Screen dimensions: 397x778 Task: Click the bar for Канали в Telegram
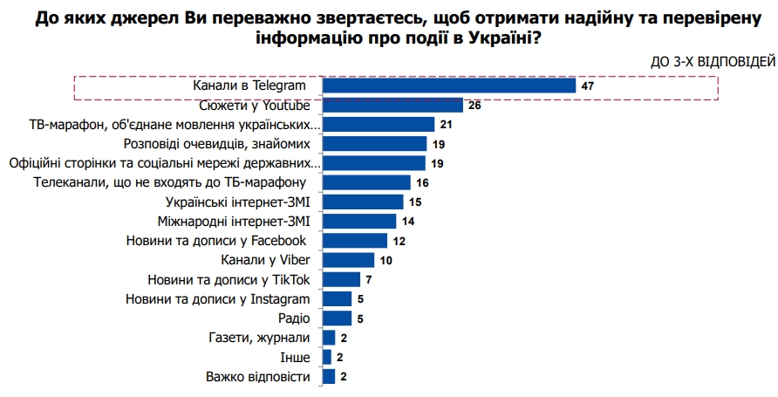click(x=448, y=86)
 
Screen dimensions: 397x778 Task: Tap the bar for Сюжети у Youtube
click(x=392, y=105)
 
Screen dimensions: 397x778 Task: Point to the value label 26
click(x=475, y=106)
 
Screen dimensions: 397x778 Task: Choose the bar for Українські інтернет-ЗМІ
click(x=363, y=202)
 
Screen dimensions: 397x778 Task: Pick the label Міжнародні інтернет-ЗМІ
click(x=234, y=221)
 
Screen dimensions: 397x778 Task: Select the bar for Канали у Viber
click(x=348, y=260)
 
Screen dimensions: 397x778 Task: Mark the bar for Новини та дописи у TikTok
click(x=341, y=279)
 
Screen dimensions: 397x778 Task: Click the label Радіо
click(x=293, y=318)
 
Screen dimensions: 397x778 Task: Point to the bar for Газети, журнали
click(x=329, y=338)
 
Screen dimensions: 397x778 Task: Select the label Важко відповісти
click(x=257, y=377)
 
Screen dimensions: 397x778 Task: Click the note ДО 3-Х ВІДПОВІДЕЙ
click(x=712, y=61)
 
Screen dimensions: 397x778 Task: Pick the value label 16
click(x=423, y=182)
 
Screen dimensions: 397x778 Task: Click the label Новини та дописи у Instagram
click(x=219, y=299)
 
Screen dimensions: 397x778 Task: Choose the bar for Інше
click(x=327, y=357)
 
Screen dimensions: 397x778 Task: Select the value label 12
click(x=400, y=241)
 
